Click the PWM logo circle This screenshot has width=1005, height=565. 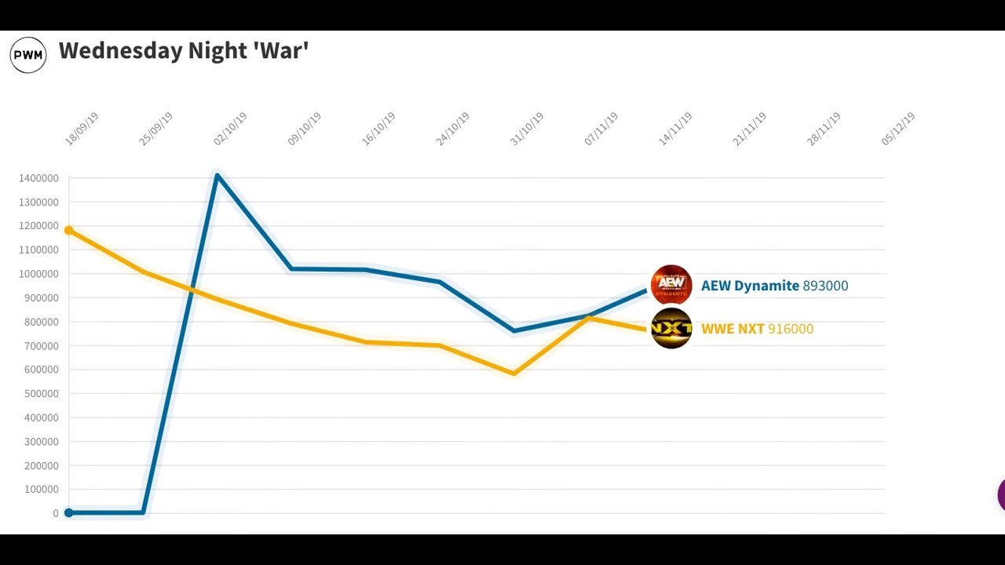coord(28,55)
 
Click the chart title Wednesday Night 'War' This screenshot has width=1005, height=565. coord(184,51)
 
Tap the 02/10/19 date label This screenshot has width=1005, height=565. coord(230,129)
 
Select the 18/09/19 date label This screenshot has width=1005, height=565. coord(82,129)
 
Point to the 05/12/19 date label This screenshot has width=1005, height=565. coord(898,129)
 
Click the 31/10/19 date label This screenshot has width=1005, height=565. coord(527,129)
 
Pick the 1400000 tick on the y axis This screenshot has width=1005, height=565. coord(38,178)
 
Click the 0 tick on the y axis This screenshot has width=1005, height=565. coord(56,513)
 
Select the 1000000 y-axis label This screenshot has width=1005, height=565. coord(38,274)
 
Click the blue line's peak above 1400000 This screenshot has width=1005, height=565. coord(217,174)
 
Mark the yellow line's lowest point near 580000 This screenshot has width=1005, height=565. coord(514,374)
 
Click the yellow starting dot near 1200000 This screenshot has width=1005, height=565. coord(69,230)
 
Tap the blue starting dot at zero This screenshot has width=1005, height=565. coord(69,512)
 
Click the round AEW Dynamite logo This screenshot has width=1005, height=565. coord(671,285)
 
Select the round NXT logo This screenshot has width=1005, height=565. coord(671,329)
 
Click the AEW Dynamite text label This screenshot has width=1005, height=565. coord(750,286)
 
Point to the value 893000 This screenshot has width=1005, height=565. coord(825,286)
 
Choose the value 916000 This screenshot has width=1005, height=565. coord(791,329)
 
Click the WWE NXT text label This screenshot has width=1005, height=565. coord(733,329)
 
